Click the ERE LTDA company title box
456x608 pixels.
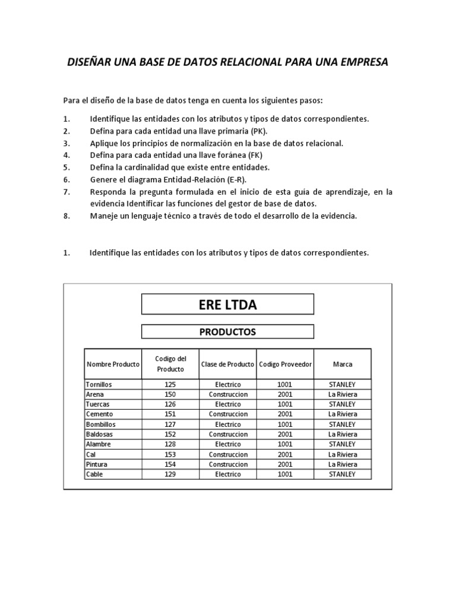(227, 305)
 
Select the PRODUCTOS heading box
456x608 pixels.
(227, 332)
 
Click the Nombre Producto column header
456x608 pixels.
(113, 364)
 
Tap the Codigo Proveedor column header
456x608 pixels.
(285, 364)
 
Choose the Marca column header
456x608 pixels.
(342, 364)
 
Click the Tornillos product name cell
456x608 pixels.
(99, 384)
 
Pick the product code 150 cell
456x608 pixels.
(170, 394)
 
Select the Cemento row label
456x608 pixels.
(100, 414)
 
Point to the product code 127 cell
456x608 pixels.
(170, 425)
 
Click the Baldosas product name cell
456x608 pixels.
(100, 434)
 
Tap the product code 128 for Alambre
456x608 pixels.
(170, 444)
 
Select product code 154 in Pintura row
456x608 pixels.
(170, 464)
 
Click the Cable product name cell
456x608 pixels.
(94, 474)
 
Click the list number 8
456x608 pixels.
(66, 216)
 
